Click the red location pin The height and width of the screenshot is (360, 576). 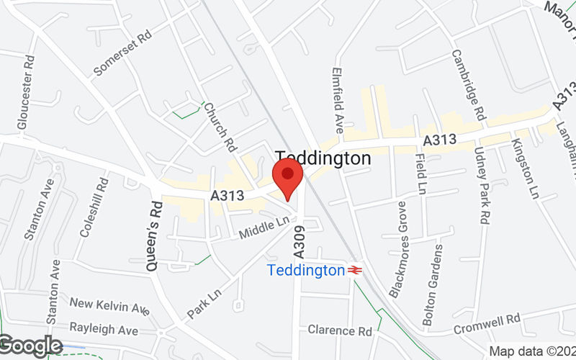pos(287,177)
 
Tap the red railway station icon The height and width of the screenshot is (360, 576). pos(354,271)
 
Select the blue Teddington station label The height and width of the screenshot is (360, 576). pos(306,271)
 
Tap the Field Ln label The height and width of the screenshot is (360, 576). pos(420,174)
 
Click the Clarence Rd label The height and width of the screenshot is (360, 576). pos(340,330)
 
